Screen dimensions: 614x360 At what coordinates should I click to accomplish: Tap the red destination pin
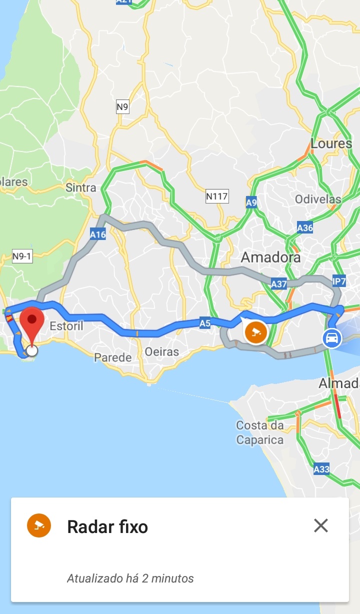coord(32,321)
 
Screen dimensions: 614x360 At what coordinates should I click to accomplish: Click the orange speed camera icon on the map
coord(256,331)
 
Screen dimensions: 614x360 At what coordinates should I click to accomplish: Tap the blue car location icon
coord(331,338)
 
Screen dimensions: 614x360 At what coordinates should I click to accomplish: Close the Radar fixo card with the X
coord(320,525)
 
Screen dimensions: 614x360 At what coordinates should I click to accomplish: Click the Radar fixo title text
coord(107,526)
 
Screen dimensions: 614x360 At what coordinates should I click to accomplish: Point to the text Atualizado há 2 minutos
coord(130,578)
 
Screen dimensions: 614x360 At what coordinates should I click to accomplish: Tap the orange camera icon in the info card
coord(39,525)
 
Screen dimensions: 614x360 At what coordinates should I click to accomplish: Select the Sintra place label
coord(80,187)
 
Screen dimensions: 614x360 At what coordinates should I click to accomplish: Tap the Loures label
coord(331,143)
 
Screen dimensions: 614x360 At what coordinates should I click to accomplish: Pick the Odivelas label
coord(318,199)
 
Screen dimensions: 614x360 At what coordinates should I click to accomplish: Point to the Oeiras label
coord(161,352)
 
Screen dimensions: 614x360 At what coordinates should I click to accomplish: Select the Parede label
coord(113,357)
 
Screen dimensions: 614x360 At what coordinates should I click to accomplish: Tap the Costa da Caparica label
coord(260,433)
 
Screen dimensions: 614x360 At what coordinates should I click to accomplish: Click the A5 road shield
coord(205,323)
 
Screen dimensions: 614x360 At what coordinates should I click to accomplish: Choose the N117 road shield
coord(216,196)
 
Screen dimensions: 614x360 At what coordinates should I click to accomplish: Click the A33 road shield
coord(321,469)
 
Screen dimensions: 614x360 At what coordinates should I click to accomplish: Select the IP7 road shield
coord(339,281)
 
